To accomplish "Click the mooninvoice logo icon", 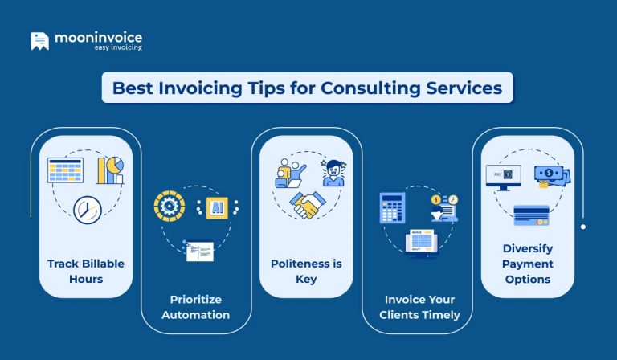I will tap(39, 41).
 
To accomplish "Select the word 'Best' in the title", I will tap(133, 88).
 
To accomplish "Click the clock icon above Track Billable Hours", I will tap(87, 209).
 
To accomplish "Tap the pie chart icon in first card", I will tap(111, 169).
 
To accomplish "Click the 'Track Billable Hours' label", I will tap(85, 272).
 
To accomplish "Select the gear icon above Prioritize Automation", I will tap(169, 207).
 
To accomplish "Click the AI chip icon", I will tap(217, 207).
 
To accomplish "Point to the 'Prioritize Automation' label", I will tap(195, 307).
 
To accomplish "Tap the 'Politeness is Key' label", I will tap(305, 272).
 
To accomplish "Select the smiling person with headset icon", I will tap(333, 172).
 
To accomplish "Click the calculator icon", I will tap(392, 208).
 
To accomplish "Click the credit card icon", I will tap(531, 215).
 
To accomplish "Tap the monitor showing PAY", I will tap(503, 176).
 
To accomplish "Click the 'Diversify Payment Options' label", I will tap(527, 264).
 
